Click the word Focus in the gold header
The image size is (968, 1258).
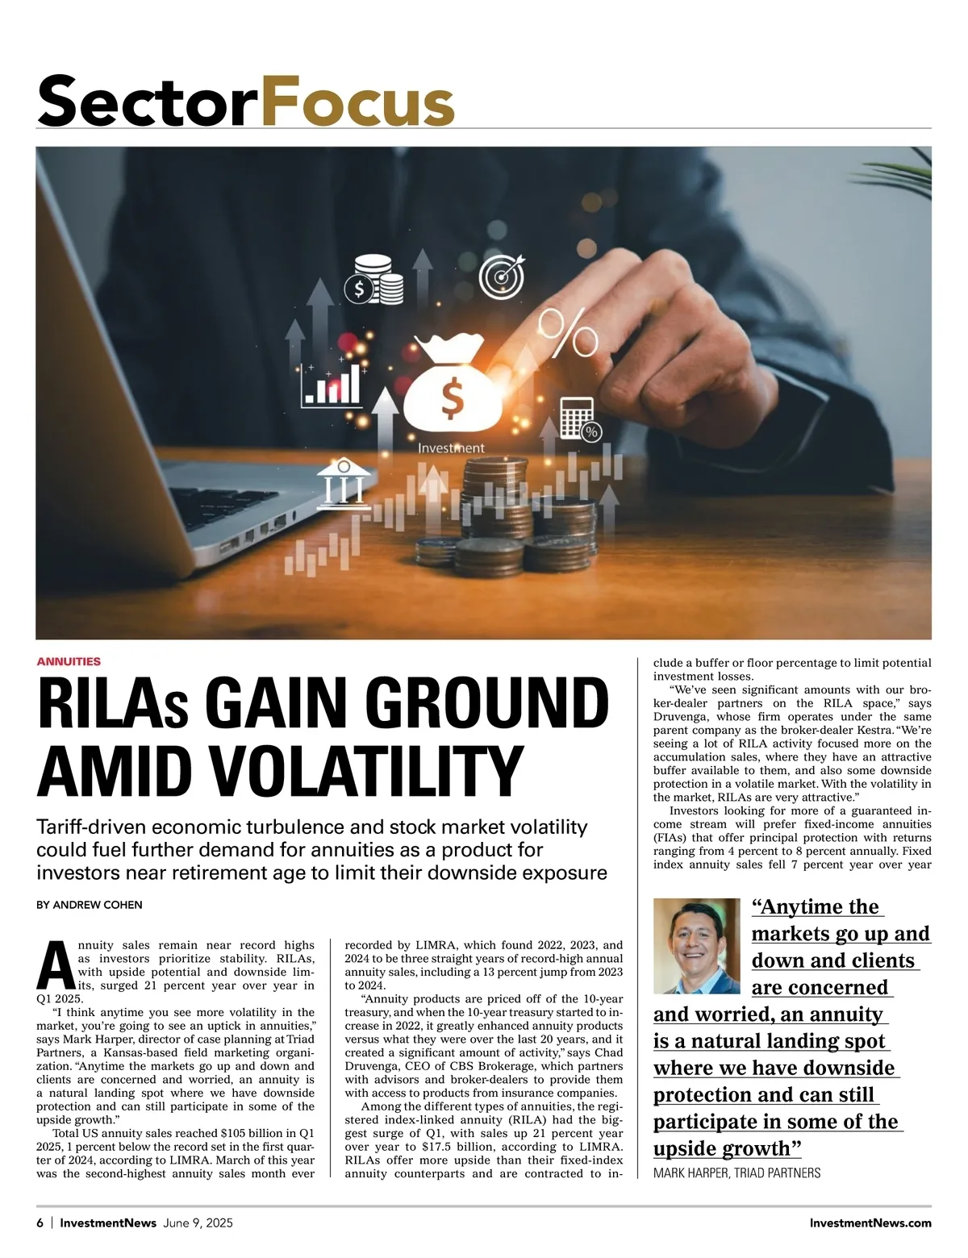(358, 102)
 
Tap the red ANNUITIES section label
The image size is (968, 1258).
(69, 661)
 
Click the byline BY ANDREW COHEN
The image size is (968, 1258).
(90, 905)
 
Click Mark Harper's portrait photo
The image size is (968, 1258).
(696, 945)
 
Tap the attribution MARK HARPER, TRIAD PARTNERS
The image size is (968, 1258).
(736, 1173)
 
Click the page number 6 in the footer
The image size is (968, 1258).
(40, 1223)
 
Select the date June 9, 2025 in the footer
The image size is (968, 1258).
(198, 1223)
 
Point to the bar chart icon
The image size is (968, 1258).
(332, 385)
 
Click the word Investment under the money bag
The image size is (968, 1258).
(451, 448)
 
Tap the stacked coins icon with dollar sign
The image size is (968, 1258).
(375, 279)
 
